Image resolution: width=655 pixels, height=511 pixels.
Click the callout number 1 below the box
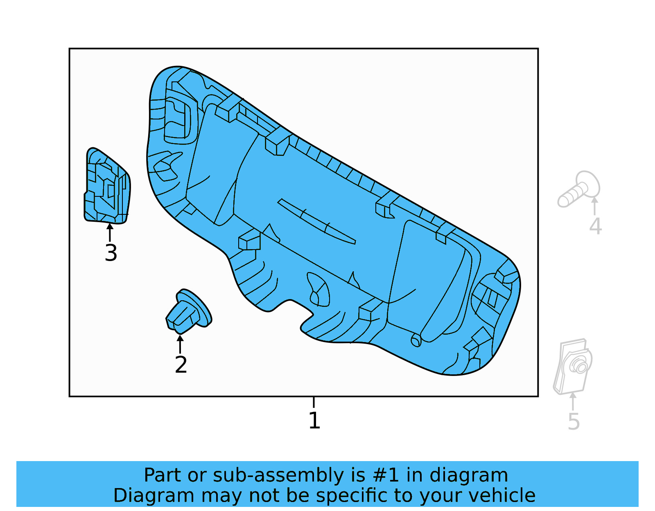(314, 421)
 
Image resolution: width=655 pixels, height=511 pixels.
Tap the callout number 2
(181, 365)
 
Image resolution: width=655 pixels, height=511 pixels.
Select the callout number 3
(111, 253)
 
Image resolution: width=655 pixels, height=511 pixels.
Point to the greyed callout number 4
(595, 226)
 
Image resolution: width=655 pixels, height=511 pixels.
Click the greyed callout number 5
(574, 421)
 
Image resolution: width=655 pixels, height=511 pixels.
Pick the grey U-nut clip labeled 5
(573, 366)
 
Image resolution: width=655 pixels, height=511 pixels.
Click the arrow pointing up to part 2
(180, 344)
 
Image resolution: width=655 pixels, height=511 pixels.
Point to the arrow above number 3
(110, 232)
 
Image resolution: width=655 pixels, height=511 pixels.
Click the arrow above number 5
(573, 401)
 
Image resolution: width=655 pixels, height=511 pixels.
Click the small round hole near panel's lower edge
(416, 340)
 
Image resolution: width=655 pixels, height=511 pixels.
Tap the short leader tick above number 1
(314, 402)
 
